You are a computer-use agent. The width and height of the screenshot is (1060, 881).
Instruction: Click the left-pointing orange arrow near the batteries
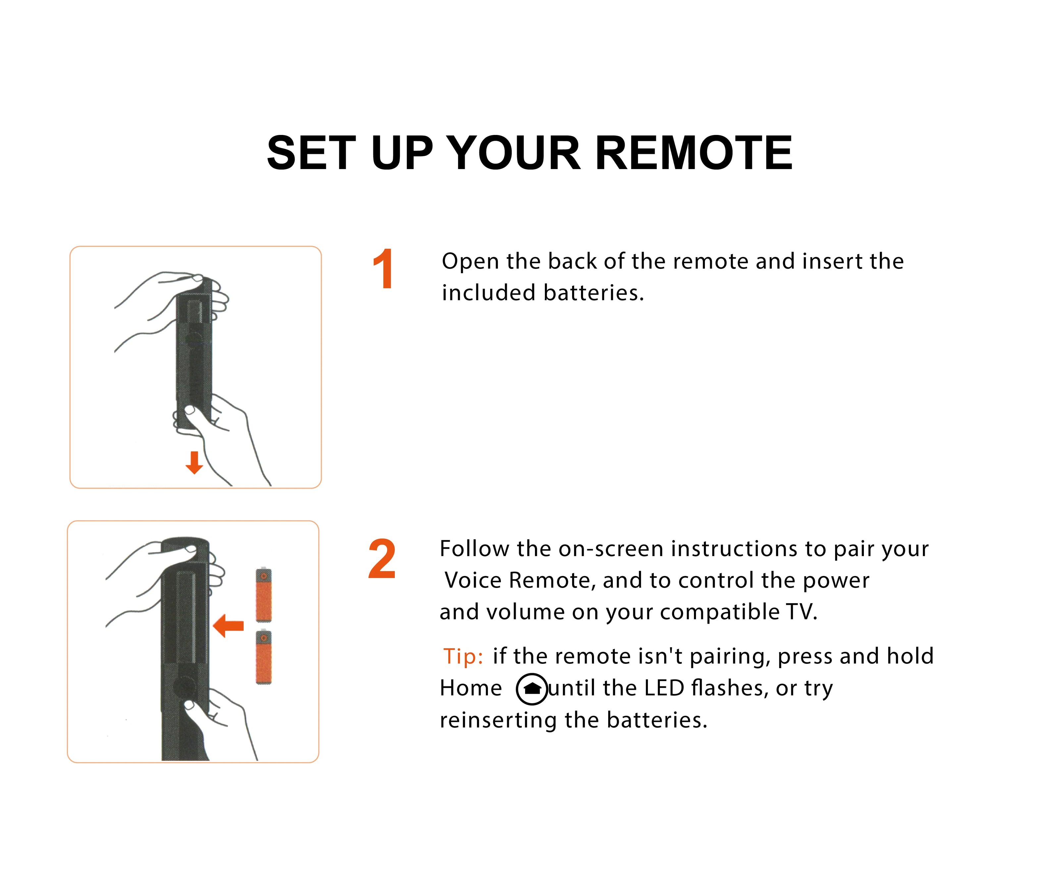point(229,626)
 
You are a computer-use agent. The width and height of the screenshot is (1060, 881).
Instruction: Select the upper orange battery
point(263,596)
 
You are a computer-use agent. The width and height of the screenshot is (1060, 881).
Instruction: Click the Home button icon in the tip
point(532,689)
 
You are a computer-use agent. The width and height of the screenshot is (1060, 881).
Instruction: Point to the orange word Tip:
point(463,656)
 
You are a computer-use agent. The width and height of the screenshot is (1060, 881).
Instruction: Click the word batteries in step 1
point(594,293)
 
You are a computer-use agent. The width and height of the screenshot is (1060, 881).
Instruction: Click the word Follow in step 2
point(474,549)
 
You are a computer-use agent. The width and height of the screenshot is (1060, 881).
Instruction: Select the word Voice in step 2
point(473,581)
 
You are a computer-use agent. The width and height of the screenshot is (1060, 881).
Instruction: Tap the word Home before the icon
point(470,688)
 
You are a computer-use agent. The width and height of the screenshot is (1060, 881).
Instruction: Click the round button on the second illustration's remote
point(184,687)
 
